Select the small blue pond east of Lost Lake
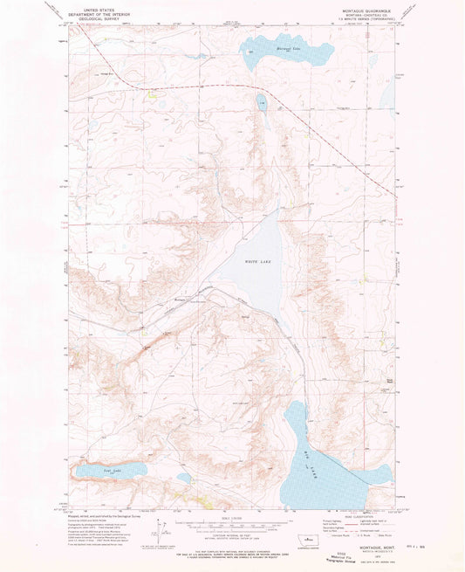click(x=183, y=478)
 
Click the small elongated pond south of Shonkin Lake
click(x=262, y=106)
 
